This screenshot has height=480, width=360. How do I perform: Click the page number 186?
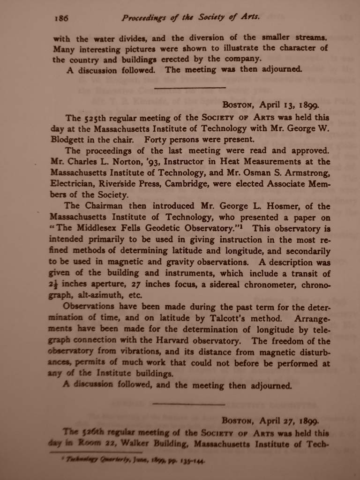click(61, 19)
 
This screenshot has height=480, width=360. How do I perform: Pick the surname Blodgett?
click(70, 139)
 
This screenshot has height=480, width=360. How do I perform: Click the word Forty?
click(158, 139)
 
